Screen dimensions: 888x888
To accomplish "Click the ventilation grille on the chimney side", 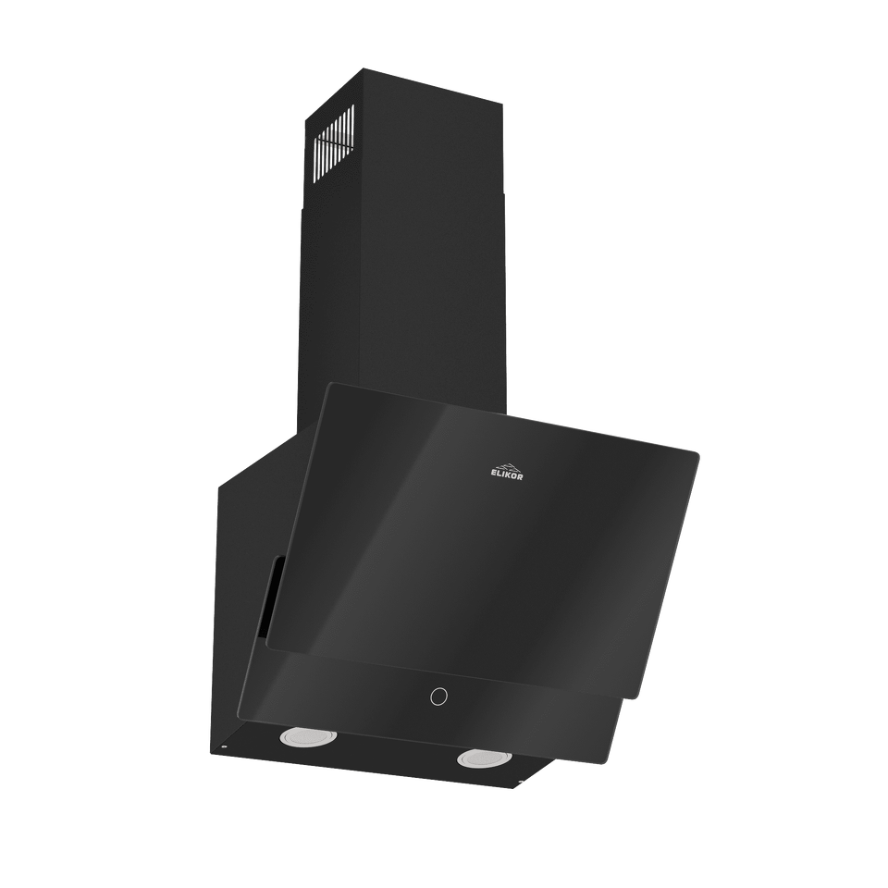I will pyautogui.click(x=334, y=141).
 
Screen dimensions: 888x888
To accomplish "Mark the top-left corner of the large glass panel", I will pyautogui.click(x=327, y=383).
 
